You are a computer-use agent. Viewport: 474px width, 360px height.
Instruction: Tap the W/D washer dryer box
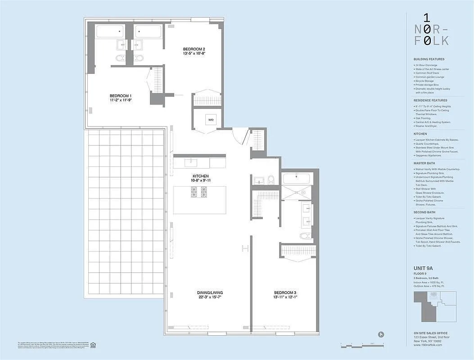point(211,120)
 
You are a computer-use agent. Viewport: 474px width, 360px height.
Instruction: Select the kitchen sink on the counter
point(191,162)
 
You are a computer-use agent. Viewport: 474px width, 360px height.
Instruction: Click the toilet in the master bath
point(305,235)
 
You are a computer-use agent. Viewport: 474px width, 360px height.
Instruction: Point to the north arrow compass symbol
point(382,334)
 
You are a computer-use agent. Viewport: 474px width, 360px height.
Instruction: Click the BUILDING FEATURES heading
point(429,59)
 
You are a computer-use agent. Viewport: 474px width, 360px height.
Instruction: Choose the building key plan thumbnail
point(435,306)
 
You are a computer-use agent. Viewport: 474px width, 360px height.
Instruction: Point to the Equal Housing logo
point(94,345)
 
